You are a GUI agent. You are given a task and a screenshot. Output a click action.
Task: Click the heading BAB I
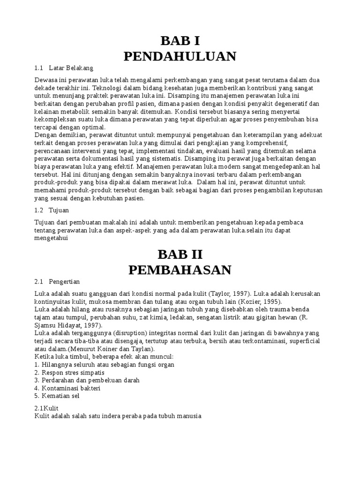click(x=180, y=40)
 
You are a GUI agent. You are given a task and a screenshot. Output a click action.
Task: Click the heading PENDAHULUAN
click(x=180, y=56)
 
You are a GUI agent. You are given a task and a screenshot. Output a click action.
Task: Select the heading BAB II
click(x=180, y=254)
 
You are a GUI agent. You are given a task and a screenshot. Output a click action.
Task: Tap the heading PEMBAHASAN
click(x=180, y=270)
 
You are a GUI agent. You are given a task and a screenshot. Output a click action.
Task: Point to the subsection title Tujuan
click(x=59, y=210)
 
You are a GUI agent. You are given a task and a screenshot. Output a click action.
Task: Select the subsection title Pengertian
click(x=65, y=282)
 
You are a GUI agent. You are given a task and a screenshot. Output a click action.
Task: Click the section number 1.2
click(x=39, y=210)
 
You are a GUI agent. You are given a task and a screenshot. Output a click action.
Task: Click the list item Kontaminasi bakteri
click(x=71, y=388)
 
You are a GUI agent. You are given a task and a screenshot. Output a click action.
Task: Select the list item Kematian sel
click(x=60, y=396)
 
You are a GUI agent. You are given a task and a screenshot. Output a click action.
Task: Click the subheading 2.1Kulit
click(x=46, y=408)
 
